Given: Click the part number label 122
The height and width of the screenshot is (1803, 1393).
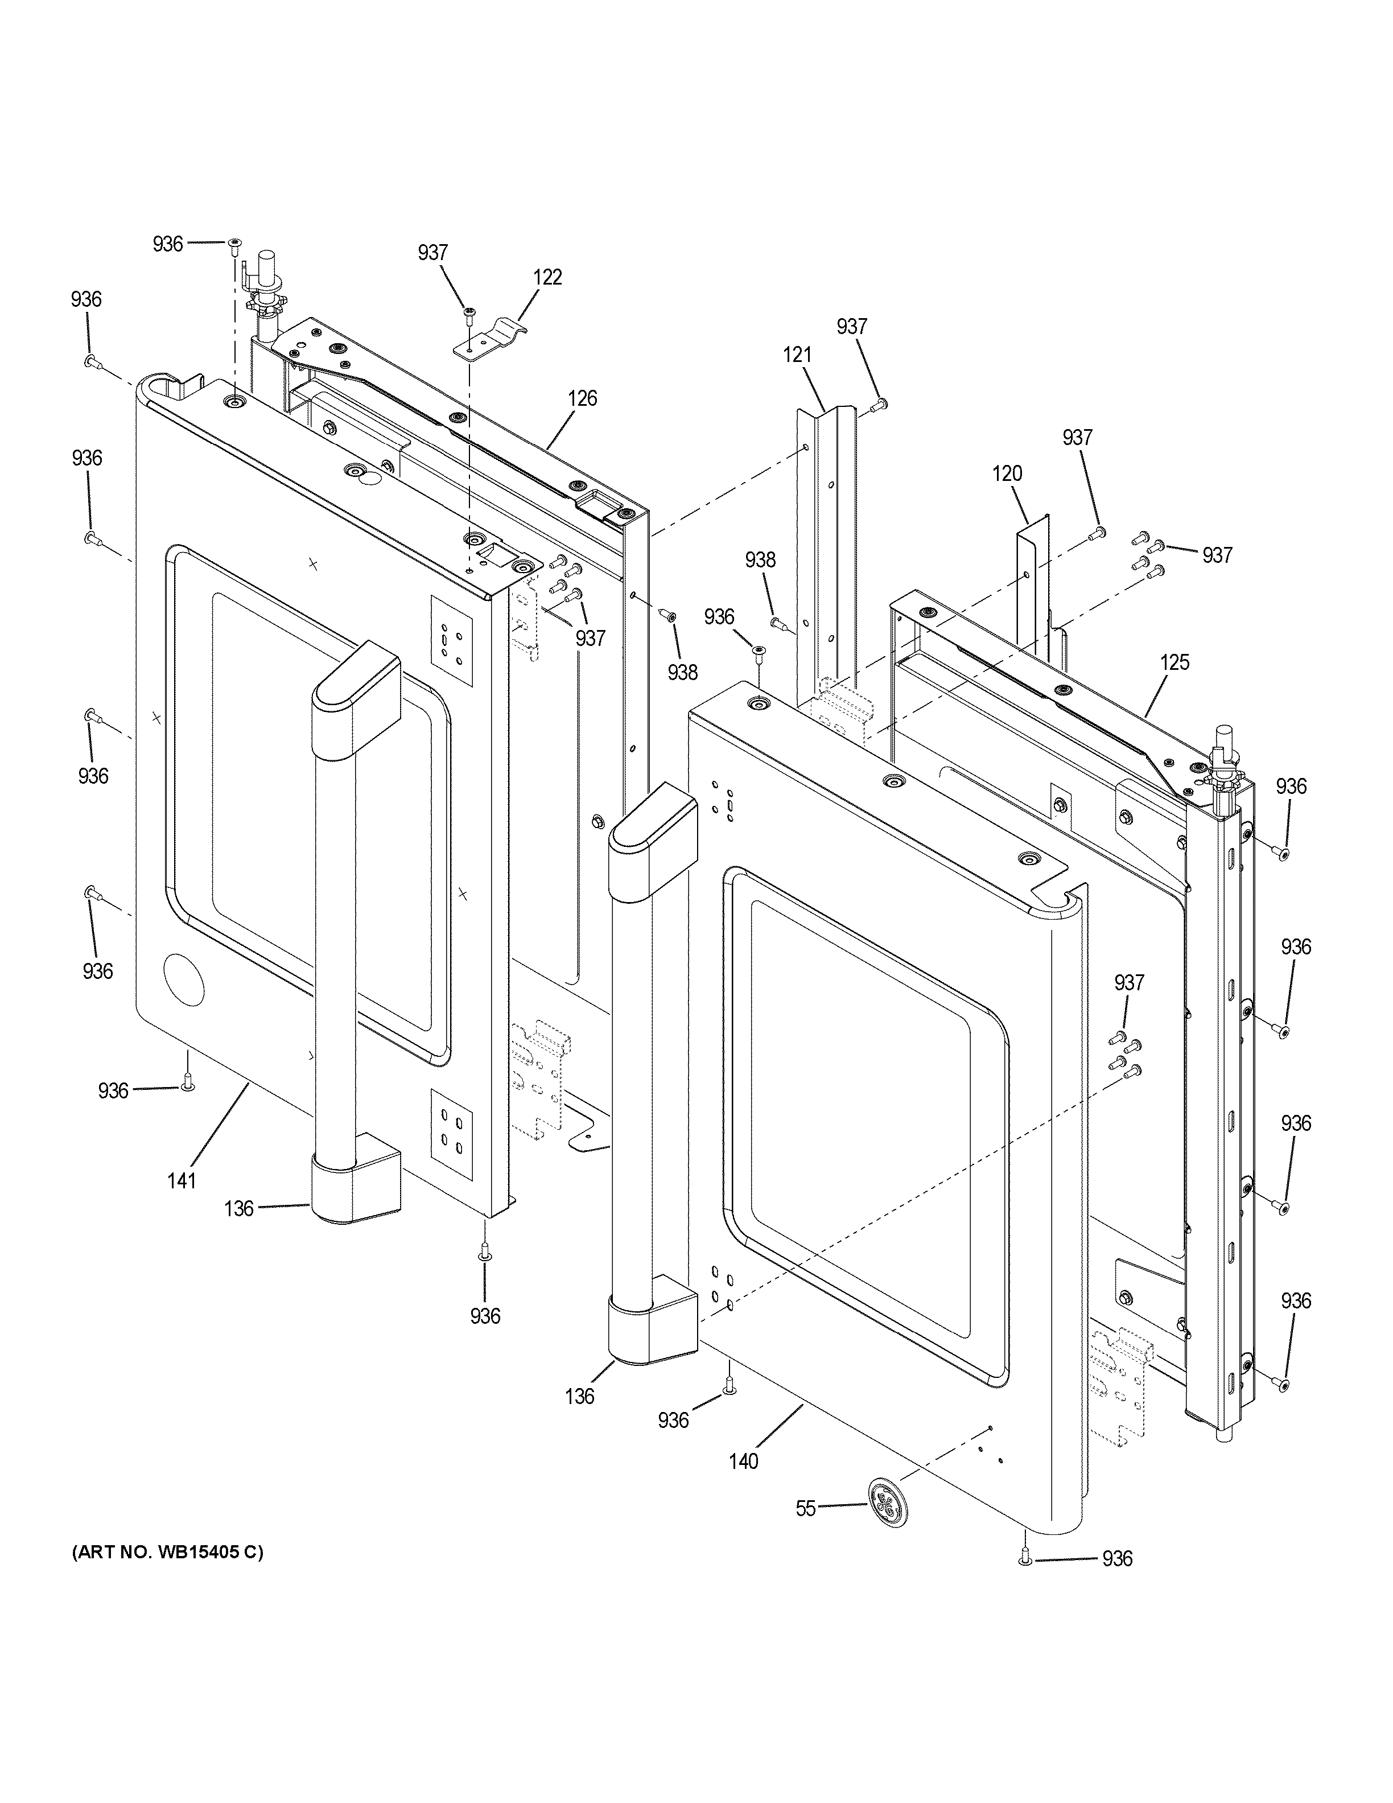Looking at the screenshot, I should pos(547,277).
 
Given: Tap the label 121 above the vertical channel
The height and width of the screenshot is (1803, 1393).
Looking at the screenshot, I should pos(797,355).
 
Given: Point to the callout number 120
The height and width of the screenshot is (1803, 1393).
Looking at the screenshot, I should pos(1007,474).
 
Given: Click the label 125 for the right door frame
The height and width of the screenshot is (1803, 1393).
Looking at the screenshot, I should pos(1174,662).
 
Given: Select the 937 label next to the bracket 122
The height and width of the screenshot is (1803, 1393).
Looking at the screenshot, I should pos(432,253).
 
